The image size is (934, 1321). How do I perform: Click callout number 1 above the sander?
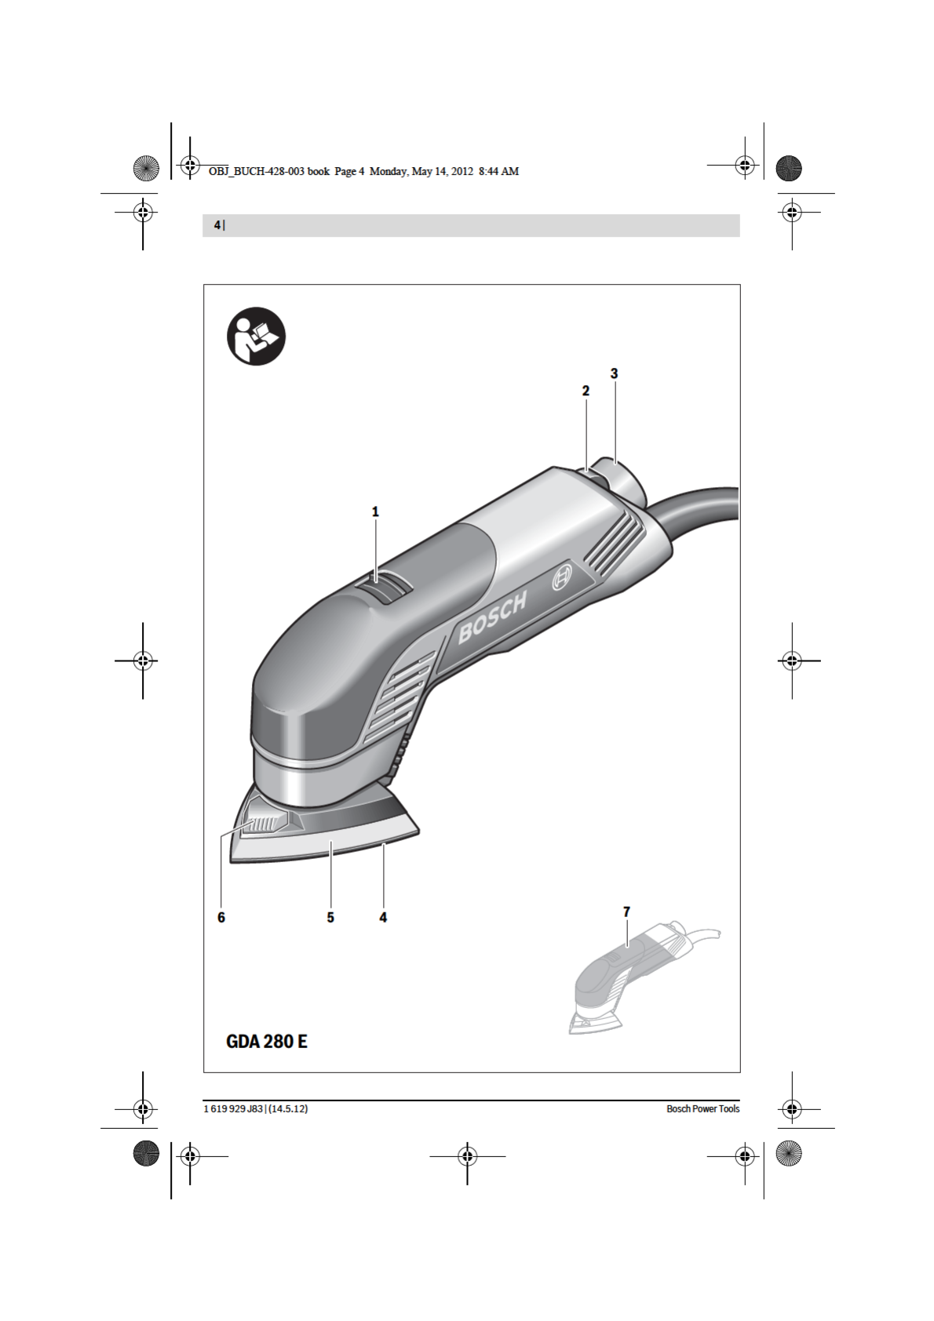tap(375, 512)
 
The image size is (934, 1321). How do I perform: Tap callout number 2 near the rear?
tap(586, 391)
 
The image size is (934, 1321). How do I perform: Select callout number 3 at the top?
tap(614, 373)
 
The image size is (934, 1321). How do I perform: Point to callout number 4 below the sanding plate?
tap(383, 917)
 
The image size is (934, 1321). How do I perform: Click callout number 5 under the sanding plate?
tap(330, 917)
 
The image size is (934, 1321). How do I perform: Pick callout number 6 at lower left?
tap(221, 917)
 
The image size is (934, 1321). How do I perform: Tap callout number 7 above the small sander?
tap(626, 912)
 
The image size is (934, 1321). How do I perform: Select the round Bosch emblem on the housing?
tap(562, 579)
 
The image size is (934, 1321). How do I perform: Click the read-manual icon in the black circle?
tap(256, 337)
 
